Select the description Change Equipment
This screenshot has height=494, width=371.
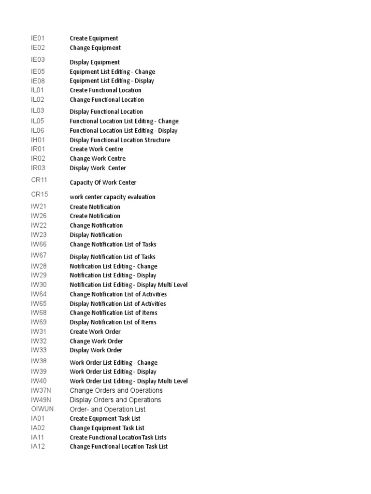point(95,48)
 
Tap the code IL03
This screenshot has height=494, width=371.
point(38,110)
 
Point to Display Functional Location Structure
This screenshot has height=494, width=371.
point(120,140)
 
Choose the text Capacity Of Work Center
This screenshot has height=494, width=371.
point(103,182)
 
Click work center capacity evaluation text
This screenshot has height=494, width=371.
point(113,197)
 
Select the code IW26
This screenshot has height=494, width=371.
point(39,216)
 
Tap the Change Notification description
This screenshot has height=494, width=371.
point(96,225)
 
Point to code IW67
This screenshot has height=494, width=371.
point(39,255)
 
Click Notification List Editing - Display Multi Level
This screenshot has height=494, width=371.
point(128,285)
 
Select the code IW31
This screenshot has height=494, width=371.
point(39,331)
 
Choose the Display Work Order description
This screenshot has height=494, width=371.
point(96,350)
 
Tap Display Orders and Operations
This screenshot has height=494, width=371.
point(115,400)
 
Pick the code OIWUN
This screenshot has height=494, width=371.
point(43,409)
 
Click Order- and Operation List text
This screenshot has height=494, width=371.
point(108,409)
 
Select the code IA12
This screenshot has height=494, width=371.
point(38,446)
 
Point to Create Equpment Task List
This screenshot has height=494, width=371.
point(105,419)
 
